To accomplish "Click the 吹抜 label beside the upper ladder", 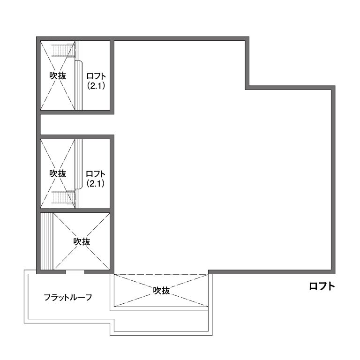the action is (58, 75).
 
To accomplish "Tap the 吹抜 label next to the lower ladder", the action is (58, 173).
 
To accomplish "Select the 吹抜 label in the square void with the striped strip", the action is (82, 241).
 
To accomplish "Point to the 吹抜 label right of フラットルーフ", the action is (161, 291).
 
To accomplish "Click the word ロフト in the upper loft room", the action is (96, 76).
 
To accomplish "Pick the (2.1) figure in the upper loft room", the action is (96, 86).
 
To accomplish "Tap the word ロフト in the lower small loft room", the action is (96, 174).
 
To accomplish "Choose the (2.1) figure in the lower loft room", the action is (96, 183).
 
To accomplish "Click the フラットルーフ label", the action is (68, 297).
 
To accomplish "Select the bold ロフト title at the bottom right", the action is (322, 286).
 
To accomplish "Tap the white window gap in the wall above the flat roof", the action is (75, 272).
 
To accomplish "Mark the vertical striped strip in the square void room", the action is (47, 241).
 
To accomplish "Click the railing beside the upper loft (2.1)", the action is (79, 85).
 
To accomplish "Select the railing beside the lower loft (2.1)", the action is (79, 164).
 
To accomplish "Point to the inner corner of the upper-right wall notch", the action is (247, 88).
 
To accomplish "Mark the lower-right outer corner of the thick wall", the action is (335, 274).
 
